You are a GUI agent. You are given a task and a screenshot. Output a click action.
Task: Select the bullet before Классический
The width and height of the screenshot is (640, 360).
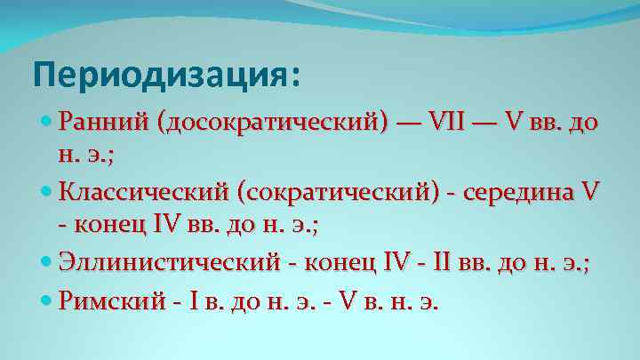48,191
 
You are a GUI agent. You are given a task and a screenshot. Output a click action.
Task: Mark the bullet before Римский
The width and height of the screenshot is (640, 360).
48,301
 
